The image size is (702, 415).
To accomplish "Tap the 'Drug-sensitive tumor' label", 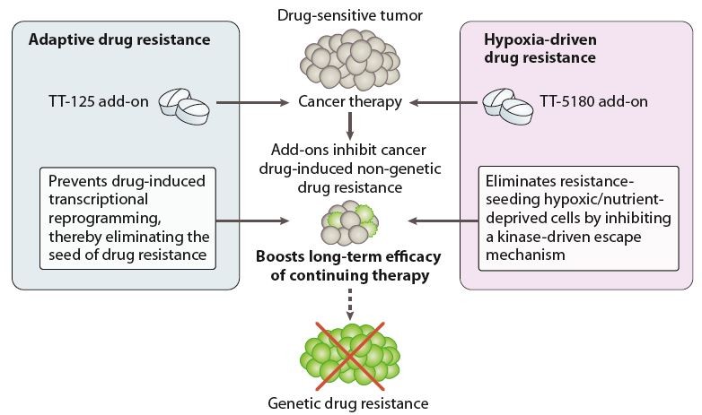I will [x=351, y=13].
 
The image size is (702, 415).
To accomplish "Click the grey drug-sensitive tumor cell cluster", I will [x=351, y=62].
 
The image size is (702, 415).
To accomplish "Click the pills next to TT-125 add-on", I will [x=187, y=105].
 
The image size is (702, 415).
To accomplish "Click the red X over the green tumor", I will [x=351, y=356].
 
